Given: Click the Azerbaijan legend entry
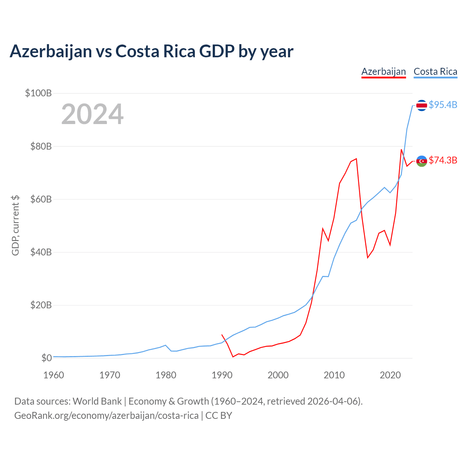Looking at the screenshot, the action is click(x=383, y=72).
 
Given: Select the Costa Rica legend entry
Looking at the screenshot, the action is click(x=435, y=72).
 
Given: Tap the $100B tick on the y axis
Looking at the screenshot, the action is click(x=38, y=93).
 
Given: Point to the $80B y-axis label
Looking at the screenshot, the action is click(x=41, y=146).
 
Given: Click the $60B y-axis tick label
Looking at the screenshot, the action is click(x=41, y=199).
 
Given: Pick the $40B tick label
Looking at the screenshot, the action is click(x=41, y=252).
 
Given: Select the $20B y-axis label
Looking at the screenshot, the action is click(x=41, y=305).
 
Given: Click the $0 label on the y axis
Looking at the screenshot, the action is click(x=47, y=358).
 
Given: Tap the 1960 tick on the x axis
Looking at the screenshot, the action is click(x=54, y=375).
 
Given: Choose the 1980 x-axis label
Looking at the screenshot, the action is click(x=166, y=375).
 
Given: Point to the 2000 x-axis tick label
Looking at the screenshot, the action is click(x=278, y=375).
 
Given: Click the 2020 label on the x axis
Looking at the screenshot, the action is click(x=390, y=375).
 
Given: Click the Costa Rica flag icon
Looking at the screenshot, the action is click(x=421, y=105).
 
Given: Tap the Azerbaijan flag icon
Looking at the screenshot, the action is click(x=421, y=161).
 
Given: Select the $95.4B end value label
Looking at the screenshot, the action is click(x=443, y=105).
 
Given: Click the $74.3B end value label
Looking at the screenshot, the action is click(x=443, y=160).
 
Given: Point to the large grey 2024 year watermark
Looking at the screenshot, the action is click(x=92, y=114).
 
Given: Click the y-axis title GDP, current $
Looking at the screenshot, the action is click(x=15, y=225).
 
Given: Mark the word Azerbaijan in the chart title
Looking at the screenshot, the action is click(x=51, y=51).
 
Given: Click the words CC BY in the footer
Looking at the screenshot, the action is click(x=219, y=416).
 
